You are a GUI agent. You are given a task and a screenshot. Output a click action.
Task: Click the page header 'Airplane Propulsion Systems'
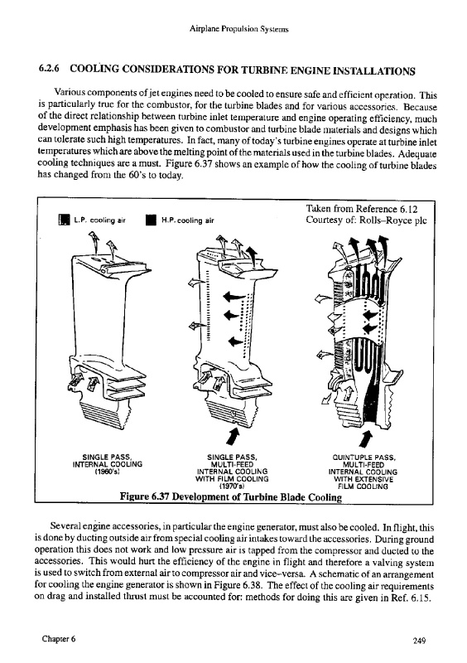tap(238, 29)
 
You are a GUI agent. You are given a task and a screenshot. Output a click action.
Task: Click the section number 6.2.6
tap(49, 69)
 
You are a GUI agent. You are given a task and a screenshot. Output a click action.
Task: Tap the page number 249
tap(419, 641)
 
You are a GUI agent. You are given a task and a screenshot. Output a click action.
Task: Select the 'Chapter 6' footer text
tap(59, 639)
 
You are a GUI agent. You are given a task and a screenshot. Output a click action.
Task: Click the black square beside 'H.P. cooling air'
tap(151, 220)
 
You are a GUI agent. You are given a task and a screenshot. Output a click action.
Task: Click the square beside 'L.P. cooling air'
tap(65, 220)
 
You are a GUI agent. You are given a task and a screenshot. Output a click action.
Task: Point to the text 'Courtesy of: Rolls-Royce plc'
tap(366, 220)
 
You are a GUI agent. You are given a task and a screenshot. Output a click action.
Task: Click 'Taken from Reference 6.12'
tap(362, 209)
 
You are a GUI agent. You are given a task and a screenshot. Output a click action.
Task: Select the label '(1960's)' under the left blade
tap(108, 471)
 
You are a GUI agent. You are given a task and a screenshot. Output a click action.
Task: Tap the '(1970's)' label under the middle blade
tap(232, 486)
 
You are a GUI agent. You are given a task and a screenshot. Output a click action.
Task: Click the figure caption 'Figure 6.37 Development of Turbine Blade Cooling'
tap(231, 496)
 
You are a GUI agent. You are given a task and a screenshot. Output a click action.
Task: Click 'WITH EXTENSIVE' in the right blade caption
tap(363, 479)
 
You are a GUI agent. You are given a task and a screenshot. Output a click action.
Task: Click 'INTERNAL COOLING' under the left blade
tap(108, 464)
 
